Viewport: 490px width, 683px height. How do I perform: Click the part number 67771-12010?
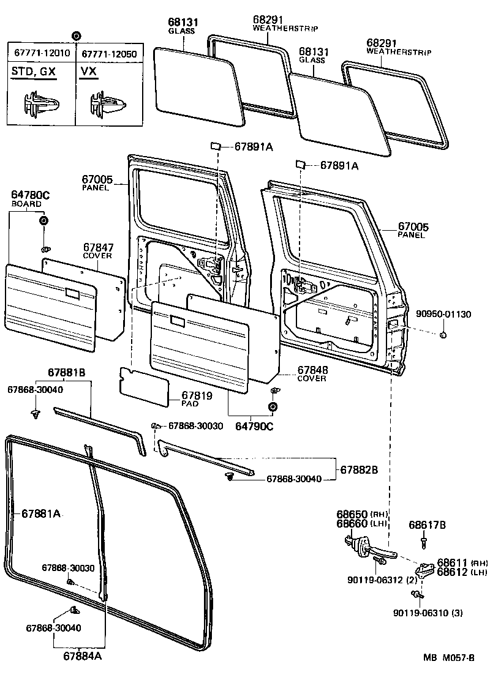(40, 54)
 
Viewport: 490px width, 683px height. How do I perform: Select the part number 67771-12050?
(109, 54)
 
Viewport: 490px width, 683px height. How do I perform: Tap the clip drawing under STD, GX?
(40, 103)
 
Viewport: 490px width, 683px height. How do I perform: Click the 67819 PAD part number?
(197, 396)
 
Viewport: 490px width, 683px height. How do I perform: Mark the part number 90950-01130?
(446, 315)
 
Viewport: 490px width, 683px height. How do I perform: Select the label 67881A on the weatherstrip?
(41, 513)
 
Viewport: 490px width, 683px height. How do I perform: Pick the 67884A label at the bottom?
(82, 656)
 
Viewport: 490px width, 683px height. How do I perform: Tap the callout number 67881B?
(67, 373)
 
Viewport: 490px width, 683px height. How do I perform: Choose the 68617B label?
(428, 525)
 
